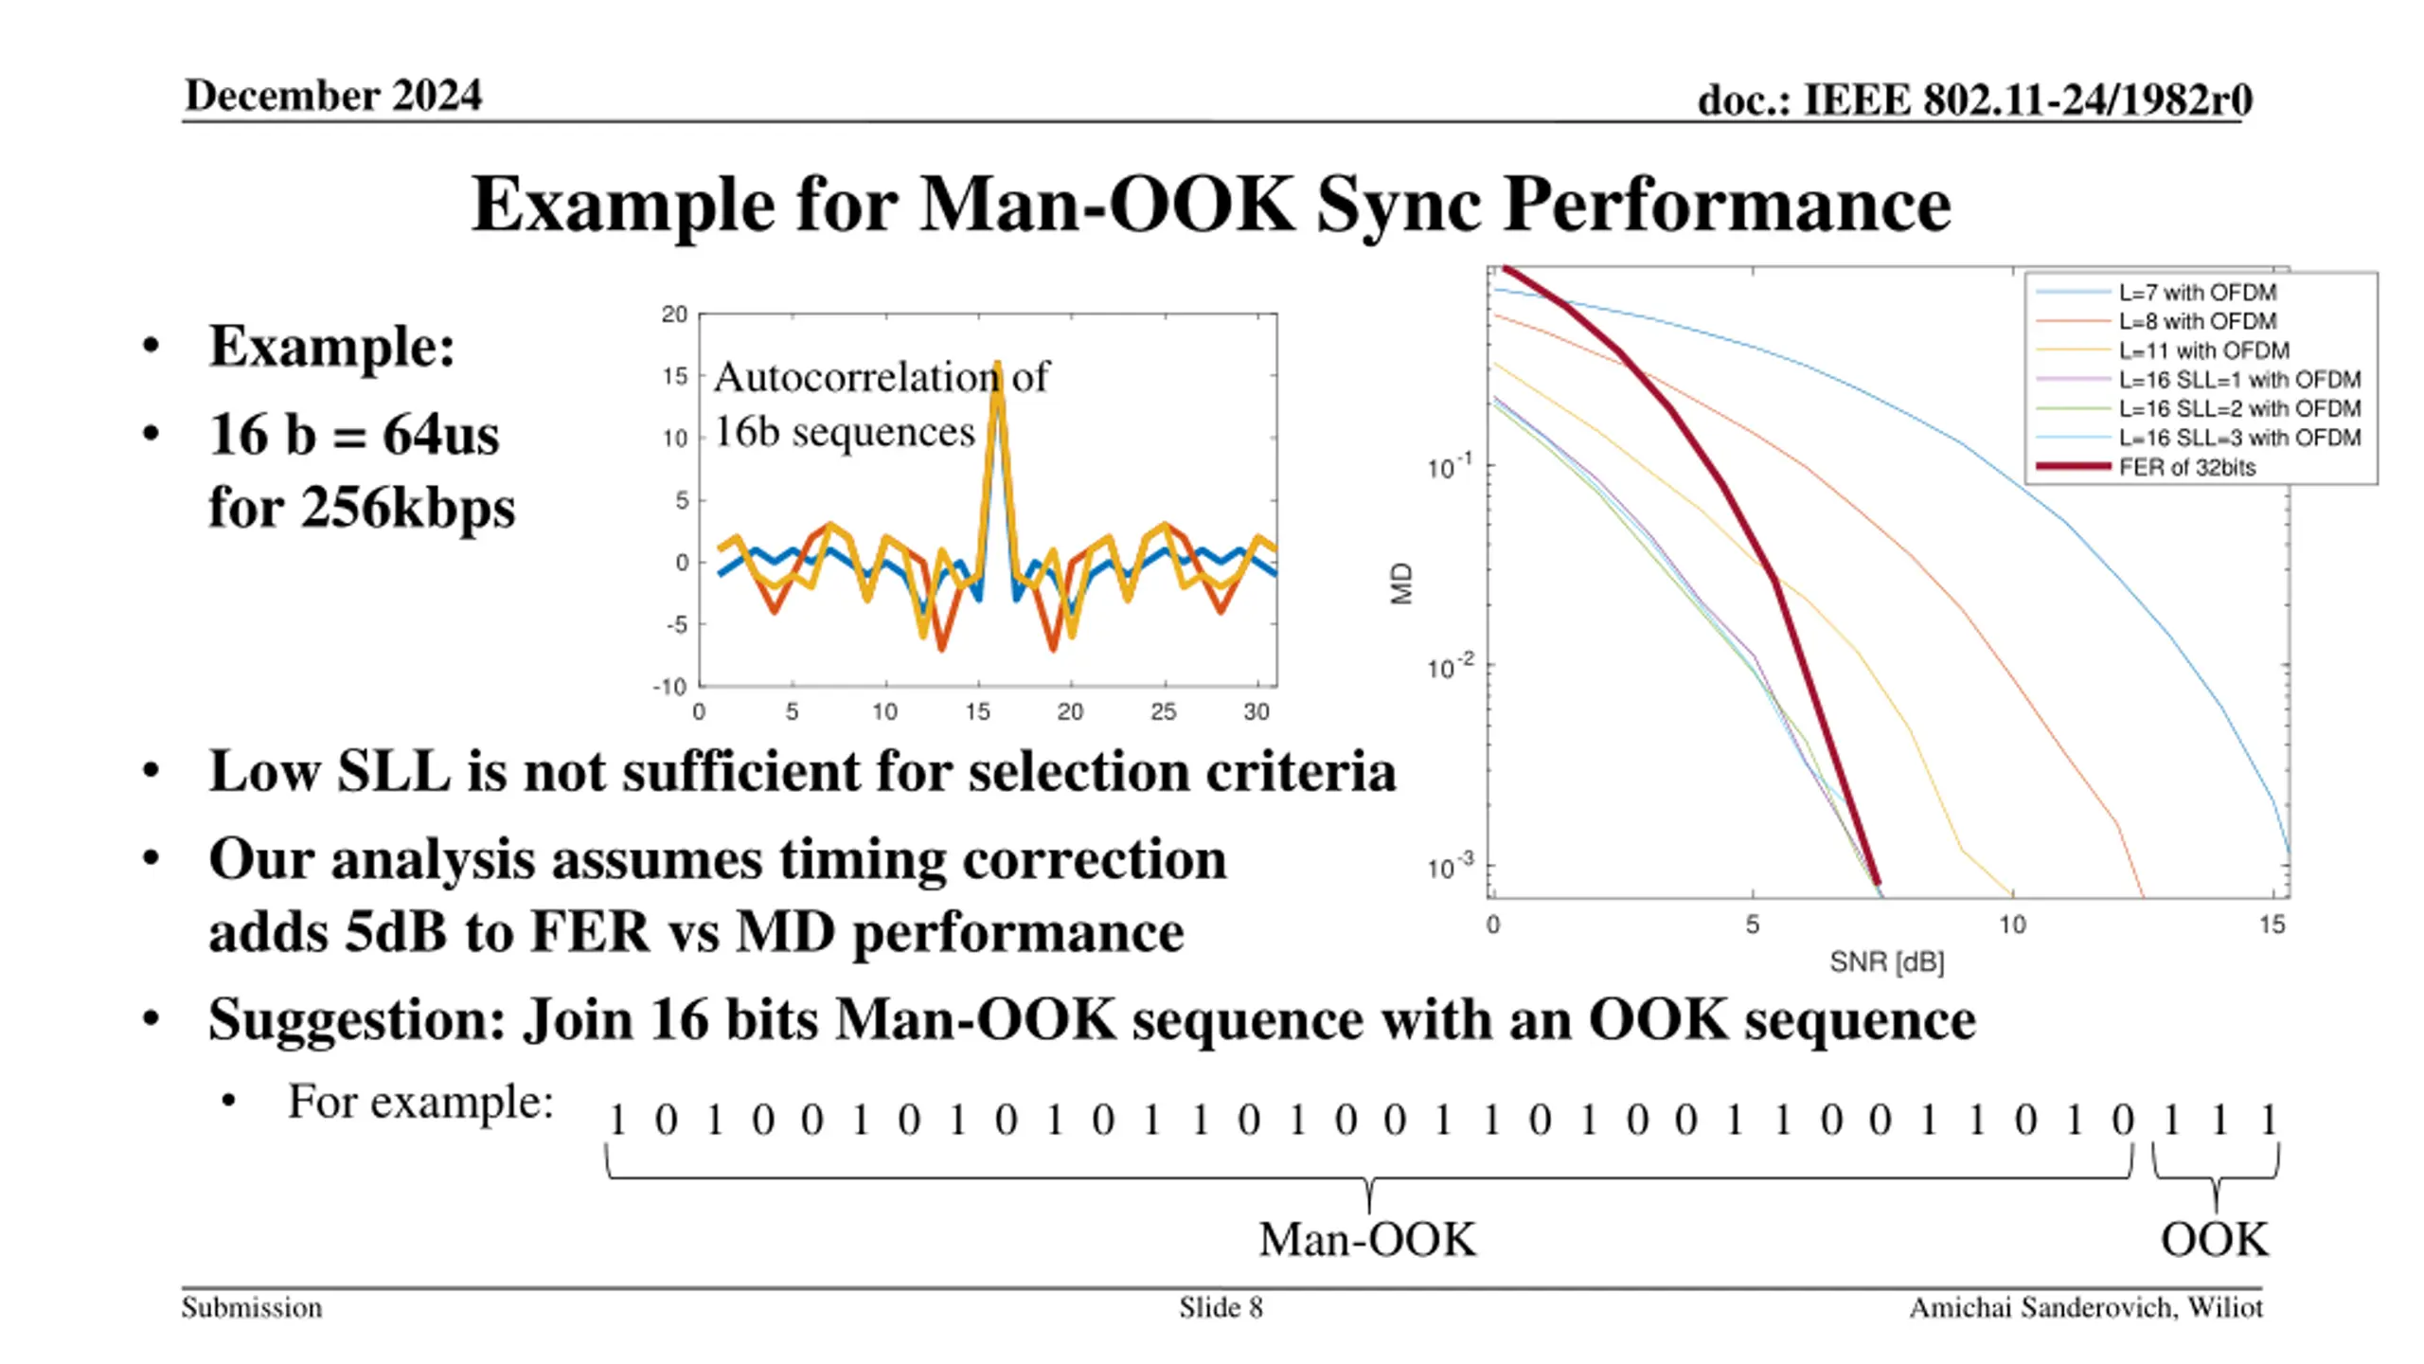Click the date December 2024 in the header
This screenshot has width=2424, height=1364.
333,96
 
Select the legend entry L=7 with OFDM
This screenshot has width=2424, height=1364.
2197,293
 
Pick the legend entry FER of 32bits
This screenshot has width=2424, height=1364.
2186,467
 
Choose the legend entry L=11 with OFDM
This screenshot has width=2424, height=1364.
2203,350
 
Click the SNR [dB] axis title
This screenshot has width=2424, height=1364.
1886,962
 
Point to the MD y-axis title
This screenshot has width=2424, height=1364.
1401,583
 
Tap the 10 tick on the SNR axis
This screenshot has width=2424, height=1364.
2011,924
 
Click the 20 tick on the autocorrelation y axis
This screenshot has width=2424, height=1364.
674,314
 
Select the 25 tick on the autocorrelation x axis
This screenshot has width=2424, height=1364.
1163,712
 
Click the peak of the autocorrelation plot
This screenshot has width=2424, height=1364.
997,366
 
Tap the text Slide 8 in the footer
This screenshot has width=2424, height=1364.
1221,1308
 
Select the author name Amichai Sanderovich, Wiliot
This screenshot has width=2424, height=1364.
2085,1308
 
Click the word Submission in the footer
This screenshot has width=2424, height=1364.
252,1308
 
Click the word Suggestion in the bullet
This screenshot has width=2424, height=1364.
356,1021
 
